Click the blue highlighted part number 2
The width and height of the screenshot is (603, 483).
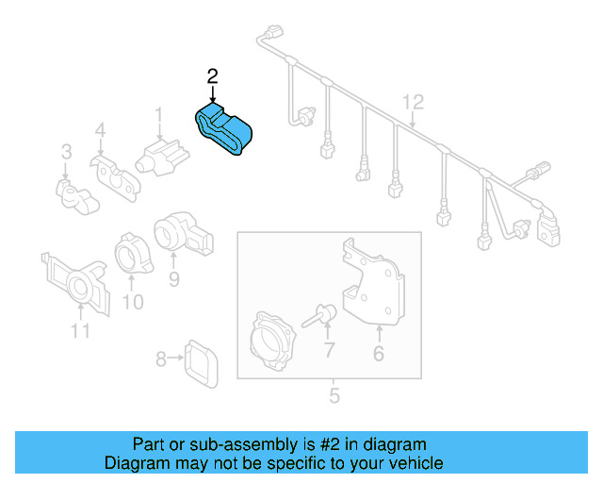coord(227,133)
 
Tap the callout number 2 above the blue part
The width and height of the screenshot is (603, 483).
coord(213,75)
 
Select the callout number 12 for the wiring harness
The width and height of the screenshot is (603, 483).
coord(414,101)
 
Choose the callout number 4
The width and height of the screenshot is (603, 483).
coord(100,131)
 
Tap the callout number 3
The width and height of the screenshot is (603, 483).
coord(66,151)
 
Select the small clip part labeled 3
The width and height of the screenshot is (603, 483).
coord(74,194)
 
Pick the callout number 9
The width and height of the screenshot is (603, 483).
coord(173,279)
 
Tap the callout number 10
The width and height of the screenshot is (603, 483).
coord(133,302)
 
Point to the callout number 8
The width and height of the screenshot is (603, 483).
coord(160,358)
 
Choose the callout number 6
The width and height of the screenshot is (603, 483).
coord(379,355)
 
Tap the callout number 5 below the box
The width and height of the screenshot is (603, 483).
coord(334,395)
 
